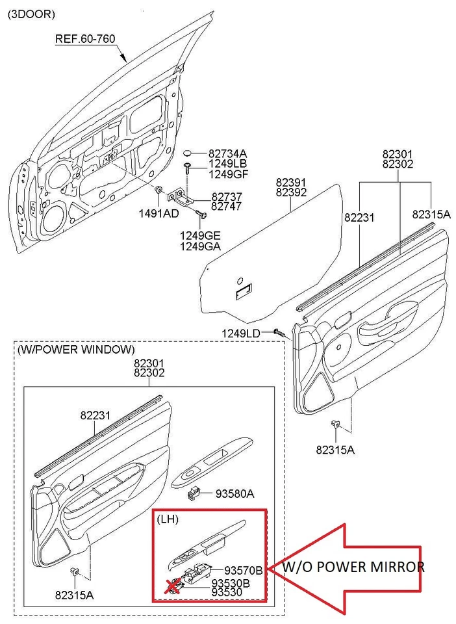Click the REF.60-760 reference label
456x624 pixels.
[x=84, y=39]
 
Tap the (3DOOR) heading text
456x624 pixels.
[x=31, y=14]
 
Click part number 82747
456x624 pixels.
[x=227, y=206]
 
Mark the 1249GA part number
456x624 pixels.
[x=200, y=246]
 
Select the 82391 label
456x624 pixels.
[x=290, y=183]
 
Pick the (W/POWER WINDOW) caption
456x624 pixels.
[x=76, y=349]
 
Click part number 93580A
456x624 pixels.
[x=234, y=495]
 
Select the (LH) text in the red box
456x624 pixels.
[x=168, y=520]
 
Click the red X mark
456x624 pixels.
[x=173, y=587]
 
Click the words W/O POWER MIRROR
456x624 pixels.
[x=353, y=567]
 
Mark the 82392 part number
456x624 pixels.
[x=290, y=193]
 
